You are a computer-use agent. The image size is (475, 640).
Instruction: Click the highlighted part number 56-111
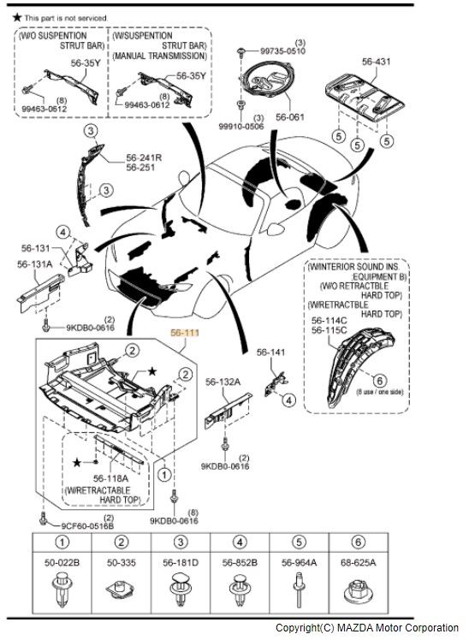pos(185,333)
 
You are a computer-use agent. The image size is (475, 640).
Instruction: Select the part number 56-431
pos(377,62)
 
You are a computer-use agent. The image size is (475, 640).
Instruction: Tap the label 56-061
pos(290,117)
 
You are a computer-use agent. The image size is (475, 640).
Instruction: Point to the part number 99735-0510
pos(282,51)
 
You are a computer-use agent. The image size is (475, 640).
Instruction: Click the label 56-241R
pos(144,157)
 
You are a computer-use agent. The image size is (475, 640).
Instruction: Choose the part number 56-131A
pos(35,264)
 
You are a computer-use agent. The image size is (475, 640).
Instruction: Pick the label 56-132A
pos(223,382)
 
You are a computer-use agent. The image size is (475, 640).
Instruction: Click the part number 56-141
pos(270,352)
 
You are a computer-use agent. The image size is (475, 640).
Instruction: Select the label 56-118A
pos(110,478)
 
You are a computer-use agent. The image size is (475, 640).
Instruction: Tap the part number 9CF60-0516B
pos(87,526)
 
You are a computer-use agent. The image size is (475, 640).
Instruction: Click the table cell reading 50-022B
pos(62,563)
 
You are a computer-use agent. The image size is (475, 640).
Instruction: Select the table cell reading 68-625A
pos(359,563)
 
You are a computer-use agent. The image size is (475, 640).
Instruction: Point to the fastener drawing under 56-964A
pos(299,589)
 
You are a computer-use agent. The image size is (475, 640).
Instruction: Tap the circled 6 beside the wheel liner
pos(380,381)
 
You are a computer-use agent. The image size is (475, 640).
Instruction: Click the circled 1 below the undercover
pos(164,475)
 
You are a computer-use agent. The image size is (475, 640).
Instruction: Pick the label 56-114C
pos(330,320)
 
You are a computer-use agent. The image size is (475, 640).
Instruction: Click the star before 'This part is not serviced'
pos(17,17)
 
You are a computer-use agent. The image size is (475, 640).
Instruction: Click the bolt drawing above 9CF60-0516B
pos(43,518)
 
